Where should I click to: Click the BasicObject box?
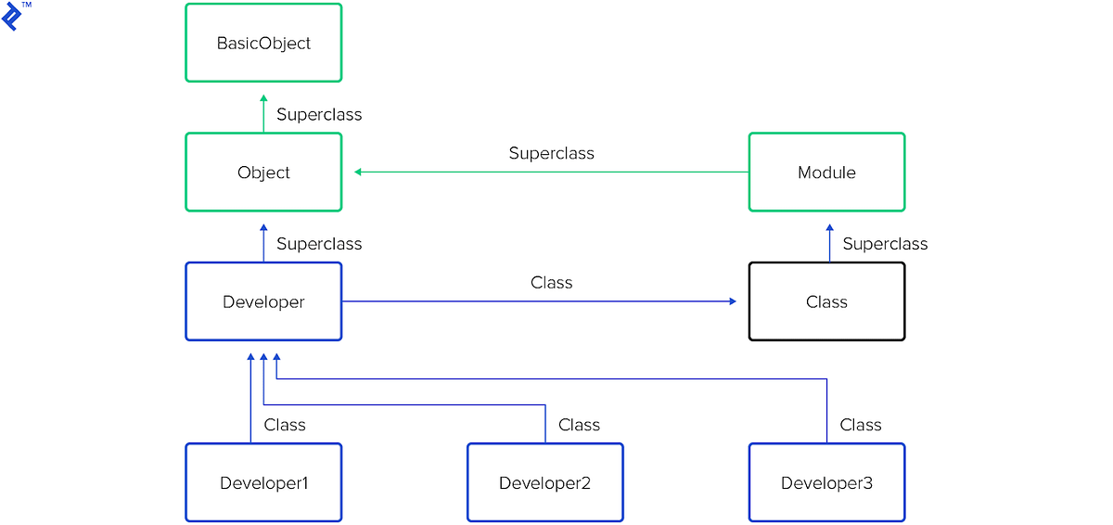pos(263,43)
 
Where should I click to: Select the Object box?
pos(263,173)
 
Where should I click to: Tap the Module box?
pos(826,173)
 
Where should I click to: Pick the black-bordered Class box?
pos(826,301)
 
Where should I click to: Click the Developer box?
pos(263,301)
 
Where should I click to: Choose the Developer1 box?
pos(263,482)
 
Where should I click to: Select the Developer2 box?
pos(544,482)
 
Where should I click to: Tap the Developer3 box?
pos(826,482)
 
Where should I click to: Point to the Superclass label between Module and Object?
pos(551,153)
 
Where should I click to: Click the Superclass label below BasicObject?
pos(319,115)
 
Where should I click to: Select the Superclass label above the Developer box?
pos(319,244)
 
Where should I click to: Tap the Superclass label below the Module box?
pos(885,244)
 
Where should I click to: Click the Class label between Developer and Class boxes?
pos(551,283)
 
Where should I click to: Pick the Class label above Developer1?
pos(285,425)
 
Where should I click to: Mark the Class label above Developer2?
pos(579,425)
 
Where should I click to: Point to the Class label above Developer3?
pos(861,425)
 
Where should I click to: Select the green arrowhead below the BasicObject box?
pos(263,98)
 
